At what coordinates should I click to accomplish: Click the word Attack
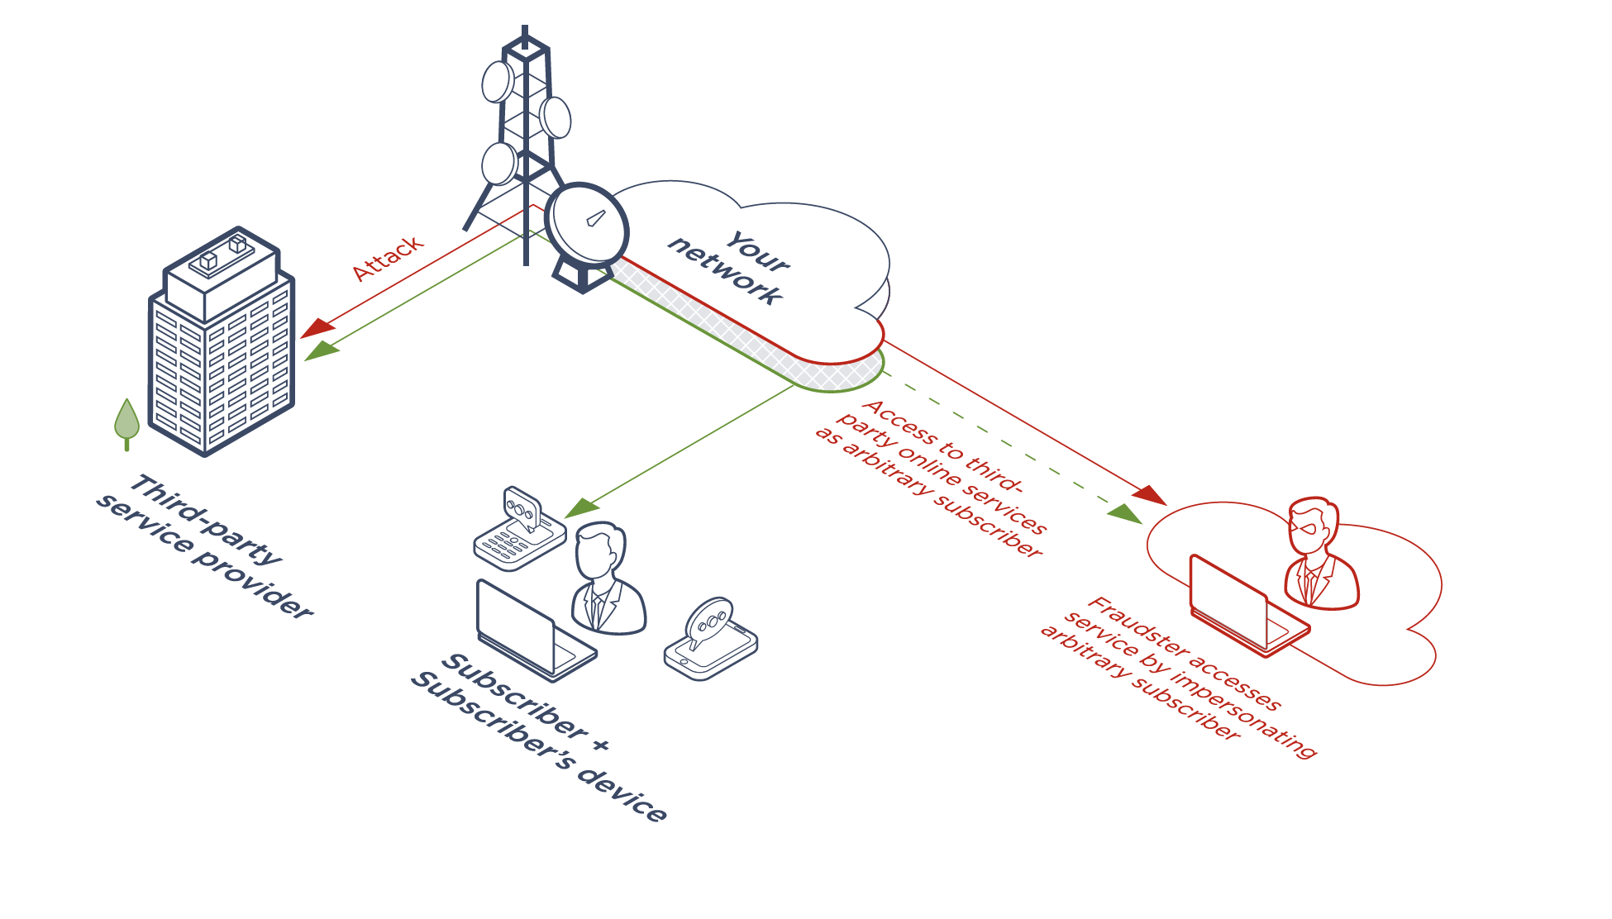pyautogui.click(x=387, y=258)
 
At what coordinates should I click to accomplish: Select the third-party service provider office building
pyautogui.click(x=222, y=347)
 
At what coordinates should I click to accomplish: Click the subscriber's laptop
pyautogui.click(x=529, y=632)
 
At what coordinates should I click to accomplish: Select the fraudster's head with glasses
pyautogui.click(x=1313, y=525)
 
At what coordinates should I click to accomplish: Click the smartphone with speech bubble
pyautogui.click(x=711, y=640)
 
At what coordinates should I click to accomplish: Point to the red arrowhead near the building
pyautogui.click(x=317, y=329)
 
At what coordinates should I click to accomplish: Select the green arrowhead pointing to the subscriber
pyautogui.click(x=582, y=507)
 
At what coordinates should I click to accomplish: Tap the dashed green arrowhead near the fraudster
pyautogui.click(x=1124, y=513)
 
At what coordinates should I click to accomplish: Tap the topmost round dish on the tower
pyautogui.click(x=498, y=82)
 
